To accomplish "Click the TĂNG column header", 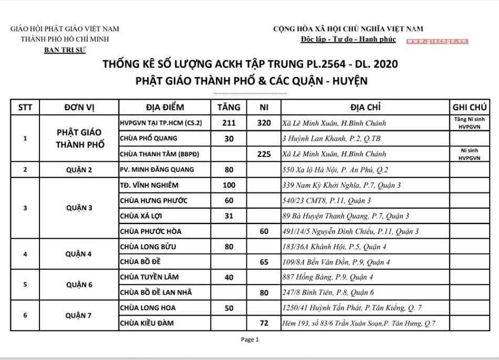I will point(228,107).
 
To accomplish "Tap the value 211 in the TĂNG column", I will point(228,123).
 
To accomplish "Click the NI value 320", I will point(264,123).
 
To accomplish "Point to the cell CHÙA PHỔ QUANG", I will point(149,139).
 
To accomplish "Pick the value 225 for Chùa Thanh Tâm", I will point(264,154).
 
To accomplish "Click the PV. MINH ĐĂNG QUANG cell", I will point(157,170).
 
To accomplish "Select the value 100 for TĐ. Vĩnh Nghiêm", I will point(228,185).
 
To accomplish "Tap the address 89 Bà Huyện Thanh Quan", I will point(346,216).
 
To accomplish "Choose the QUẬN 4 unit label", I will point(79,254).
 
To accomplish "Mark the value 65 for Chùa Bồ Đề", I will point(264,262).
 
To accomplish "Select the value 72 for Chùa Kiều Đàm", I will point(264,323).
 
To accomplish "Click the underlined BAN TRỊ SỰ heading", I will point(65,49).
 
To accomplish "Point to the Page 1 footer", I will point(250,340).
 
